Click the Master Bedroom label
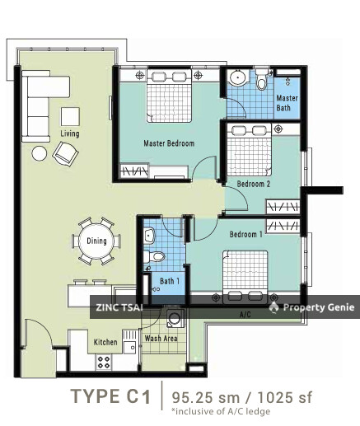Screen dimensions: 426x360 click(168, 143)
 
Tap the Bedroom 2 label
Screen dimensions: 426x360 click(254, 184)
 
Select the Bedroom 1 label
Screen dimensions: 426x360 click(246, 235)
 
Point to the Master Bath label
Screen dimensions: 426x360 click(288, 103)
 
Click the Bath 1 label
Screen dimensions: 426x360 click(169, 282)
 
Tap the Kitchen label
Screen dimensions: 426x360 click(105, 342)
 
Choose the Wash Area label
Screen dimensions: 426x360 click(160, 339)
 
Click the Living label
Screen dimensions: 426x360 click(71, 133)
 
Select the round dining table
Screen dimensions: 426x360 click(97, 241)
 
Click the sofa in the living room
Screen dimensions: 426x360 click(36, 104)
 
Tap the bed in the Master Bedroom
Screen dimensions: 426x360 click(171, 97)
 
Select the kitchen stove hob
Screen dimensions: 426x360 click(105, 361)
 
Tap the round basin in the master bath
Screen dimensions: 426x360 click(238, 80)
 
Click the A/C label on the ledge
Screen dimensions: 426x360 click(245, 315)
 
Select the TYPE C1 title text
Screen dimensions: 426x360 click(111, 398)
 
